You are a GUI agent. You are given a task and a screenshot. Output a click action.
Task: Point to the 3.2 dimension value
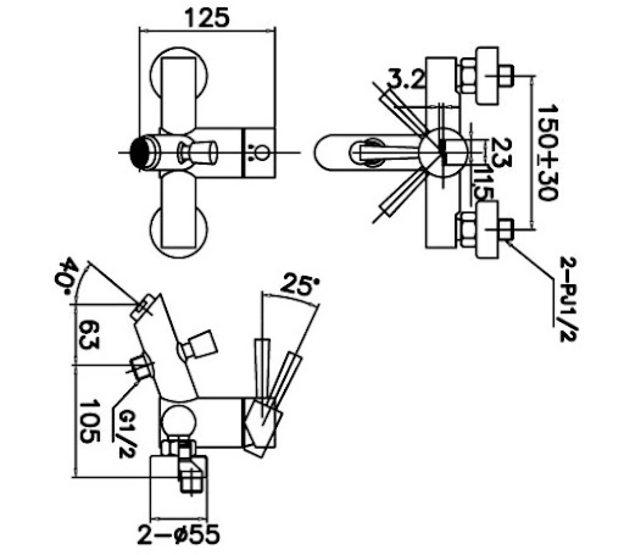404,80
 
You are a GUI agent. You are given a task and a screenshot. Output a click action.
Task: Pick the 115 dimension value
483,183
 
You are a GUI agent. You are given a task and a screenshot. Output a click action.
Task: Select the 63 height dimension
89,335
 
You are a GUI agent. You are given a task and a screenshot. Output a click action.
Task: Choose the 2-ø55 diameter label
179,534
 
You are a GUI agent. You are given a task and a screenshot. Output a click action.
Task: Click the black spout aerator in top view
141,152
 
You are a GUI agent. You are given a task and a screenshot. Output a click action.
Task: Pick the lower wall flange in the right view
487,229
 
